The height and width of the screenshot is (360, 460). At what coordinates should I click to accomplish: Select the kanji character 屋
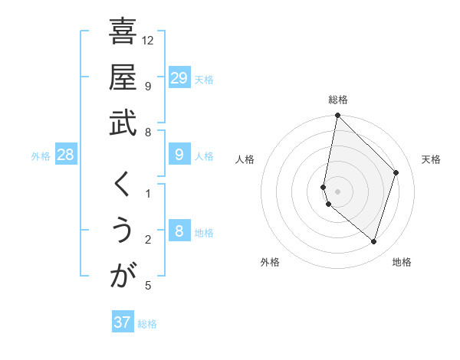coord(123,77)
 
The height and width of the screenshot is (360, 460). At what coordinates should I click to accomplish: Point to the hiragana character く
coord(123,184)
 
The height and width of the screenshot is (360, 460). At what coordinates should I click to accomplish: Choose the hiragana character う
coord(123,230)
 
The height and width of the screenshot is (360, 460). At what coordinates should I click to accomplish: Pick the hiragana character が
coord(123,276)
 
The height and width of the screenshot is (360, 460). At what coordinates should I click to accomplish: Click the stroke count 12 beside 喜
coord(148,39)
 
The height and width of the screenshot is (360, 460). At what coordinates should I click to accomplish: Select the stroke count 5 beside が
coord(148,286)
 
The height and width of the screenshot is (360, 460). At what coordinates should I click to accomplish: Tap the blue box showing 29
coord(179,77)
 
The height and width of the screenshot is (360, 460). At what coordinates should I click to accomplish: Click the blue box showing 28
coord(66,155)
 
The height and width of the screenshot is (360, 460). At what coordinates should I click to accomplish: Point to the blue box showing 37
coord(122,322)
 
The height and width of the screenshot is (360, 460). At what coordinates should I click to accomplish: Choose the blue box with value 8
coord(179,231)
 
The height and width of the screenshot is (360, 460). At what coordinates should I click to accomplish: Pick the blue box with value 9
coord(179,155)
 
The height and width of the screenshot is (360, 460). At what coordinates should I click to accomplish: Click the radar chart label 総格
coord(338,100)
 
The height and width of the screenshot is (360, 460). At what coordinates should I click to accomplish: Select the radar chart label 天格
coord(431,159)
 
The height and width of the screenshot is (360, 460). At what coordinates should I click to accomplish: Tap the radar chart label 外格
coord(270,262)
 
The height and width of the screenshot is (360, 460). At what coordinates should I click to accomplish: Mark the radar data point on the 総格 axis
coord(337,116)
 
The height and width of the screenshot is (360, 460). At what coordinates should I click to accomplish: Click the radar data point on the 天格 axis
coord(396,172)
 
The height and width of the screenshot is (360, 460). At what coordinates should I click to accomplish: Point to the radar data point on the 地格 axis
coord(374,241)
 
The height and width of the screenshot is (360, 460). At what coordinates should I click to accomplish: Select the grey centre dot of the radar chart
coord(337,191)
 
